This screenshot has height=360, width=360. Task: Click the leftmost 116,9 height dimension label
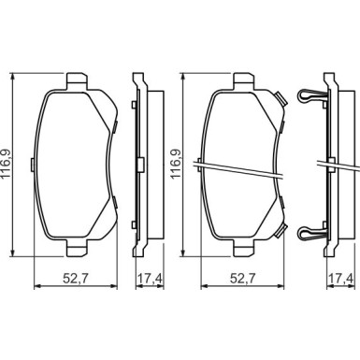pos(6,165)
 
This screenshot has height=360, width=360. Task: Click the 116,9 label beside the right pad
pos(175,165)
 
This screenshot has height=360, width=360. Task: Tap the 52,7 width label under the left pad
pos(76,278)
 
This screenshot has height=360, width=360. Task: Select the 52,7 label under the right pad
pos(242,278)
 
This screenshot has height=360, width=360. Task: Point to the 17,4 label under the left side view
pos(151,278)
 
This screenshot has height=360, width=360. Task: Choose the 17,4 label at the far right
pos(341,278)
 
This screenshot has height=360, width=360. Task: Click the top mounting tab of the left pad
pos(77,80)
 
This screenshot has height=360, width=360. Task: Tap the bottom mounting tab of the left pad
pos(77,249)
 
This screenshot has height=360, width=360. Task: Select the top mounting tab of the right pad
pos(244,80)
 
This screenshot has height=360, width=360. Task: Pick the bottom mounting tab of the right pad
pos(244,249)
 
